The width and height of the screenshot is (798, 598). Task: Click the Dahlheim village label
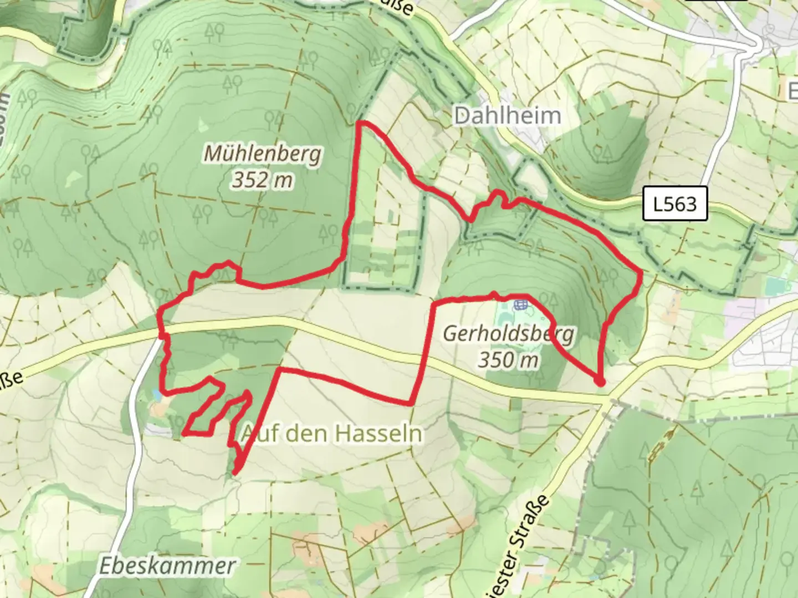[x=507, y=116]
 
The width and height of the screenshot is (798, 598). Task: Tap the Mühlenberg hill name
[x=263, y=153]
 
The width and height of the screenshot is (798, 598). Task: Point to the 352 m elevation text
[x=263, y=180]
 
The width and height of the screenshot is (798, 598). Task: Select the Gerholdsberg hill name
[x=509, y=334]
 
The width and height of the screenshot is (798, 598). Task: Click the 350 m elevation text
[x=509, y=360]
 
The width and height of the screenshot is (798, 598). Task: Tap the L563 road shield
[x=675, y=204]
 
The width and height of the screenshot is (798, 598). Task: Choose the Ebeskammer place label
[x=167, y=566]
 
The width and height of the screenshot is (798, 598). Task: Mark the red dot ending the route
[x=599, y=382]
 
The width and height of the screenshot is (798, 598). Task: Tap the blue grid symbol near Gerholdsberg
[x=520, y=304]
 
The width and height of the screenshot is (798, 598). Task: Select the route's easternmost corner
[x=641, y=273]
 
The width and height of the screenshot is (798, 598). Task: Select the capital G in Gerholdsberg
[x=450, y=333]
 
